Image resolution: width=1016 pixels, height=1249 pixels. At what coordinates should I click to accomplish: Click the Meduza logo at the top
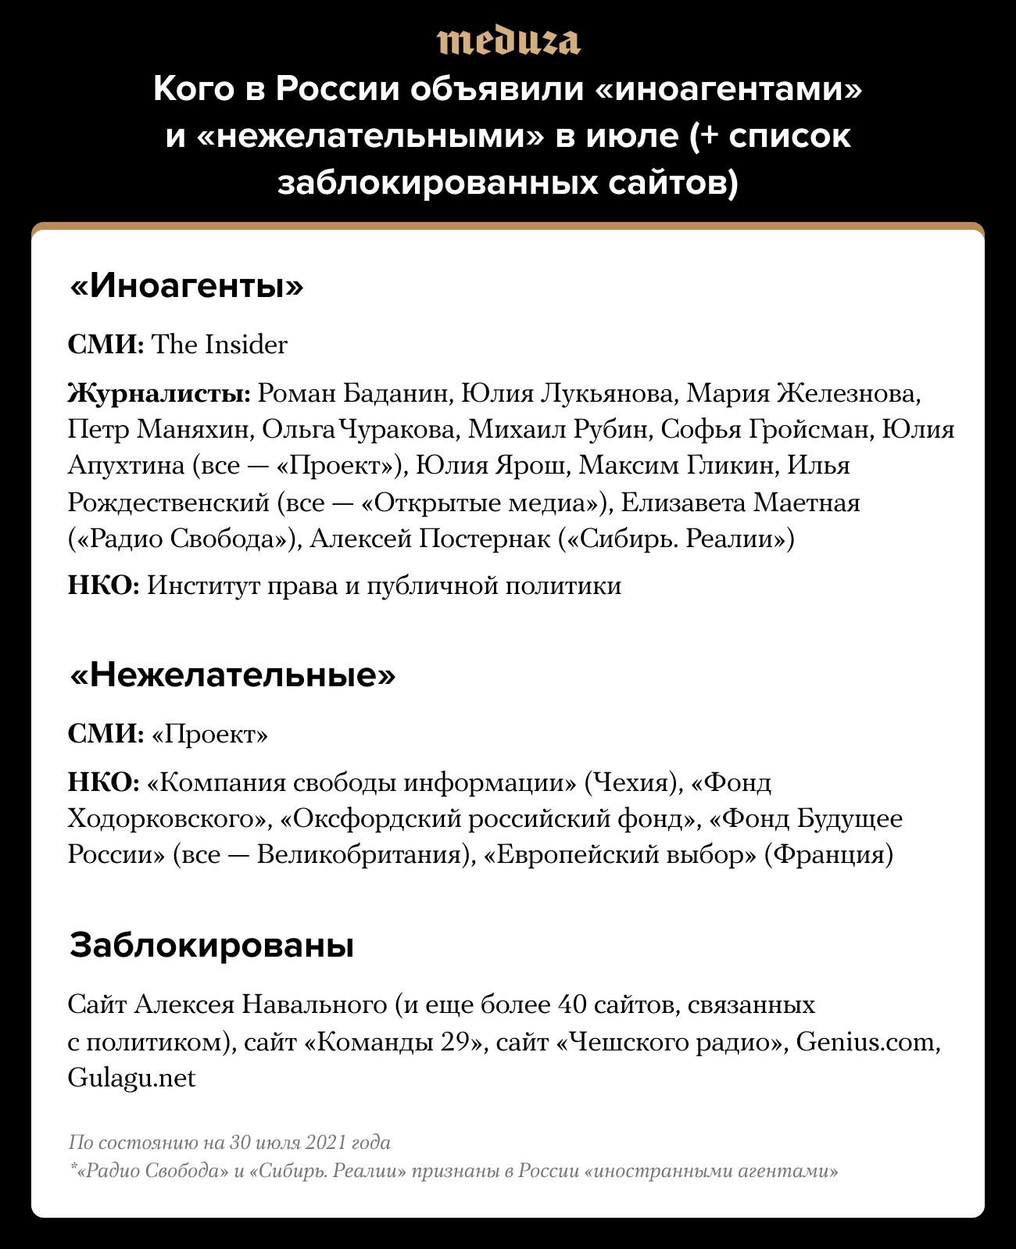(508, 41)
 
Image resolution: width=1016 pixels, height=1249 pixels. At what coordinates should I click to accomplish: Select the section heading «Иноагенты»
(186, 287)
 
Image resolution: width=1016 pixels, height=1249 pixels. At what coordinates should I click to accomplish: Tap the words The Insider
(219, 345)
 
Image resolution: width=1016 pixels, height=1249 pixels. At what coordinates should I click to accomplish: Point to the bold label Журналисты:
(159, 393)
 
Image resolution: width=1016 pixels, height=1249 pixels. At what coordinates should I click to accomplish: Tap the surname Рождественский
(169, 502)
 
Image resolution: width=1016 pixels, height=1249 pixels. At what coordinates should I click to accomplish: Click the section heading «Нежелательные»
(232, 675)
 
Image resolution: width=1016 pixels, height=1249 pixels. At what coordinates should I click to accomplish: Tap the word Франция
(828, 854)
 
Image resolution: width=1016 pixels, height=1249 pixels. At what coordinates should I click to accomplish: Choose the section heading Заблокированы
(212, 945)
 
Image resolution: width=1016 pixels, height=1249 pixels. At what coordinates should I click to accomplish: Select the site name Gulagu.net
(131, 1078)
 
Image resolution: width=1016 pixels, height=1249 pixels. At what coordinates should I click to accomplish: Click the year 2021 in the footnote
(326, 1143)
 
